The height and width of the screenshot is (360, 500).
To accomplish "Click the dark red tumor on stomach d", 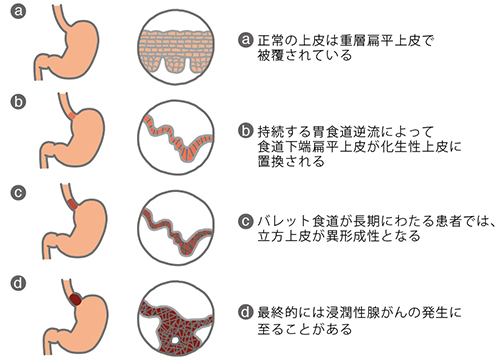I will [76, 296].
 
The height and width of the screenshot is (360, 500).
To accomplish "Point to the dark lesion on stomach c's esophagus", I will [72, 208].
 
